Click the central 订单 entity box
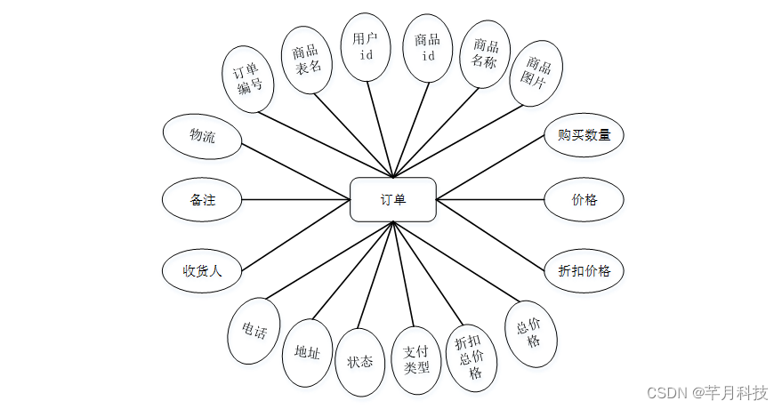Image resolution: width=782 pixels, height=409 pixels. [392, 199]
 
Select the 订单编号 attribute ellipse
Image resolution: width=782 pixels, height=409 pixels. [248, 78]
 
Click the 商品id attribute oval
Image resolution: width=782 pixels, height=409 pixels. [428, 47]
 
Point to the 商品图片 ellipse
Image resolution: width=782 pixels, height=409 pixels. [539, 74]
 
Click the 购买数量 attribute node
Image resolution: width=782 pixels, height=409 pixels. [584, 136]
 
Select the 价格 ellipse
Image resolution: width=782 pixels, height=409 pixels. [584, 199]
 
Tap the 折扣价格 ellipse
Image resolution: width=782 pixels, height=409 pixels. [584, 271]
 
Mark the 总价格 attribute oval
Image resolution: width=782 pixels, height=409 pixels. [531, 333]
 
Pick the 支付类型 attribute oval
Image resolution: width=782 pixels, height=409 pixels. [415, 360]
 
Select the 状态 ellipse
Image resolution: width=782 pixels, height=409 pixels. [360, 362]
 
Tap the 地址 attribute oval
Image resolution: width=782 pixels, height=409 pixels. [307, 352]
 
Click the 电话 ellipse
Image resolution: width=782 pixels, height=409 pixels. [254, 331]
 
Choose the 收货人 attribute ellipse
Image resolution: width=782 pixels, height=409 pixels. [202, 271]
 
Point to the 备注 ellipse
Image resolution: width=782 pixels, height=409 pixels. [202, 200]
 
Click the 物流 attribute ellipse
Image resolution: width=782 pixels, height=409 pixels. [202, 136]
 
